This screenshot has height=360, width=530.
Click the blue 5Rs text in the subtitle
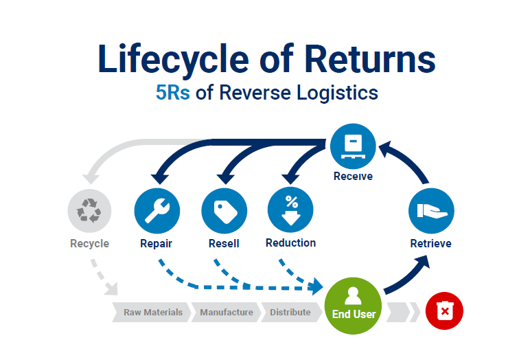(x=174, y=93)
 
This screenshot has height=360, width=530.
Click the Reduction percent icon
(x=290, y=210)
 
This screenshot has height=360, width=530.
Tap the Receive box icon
(x=353, y=145)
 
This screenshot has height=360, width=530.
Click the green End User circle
(x=352, y=305)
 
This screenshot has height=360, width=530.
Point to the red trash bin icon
(x=444, y=312)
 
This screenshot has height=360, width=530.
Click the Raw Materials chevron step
(x=152, y=312)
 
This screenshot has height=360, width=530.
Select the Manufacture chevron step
(x=227, y=312)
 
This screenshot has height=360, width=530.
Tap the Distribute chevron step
(x=290, y=312)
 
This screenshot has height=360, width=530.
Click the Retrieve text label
(x=430, y=243)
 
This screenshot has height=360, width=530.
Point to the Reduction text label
(x=290, y=243)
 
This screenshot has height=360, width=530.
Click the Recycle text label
(x=89, y=243)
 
